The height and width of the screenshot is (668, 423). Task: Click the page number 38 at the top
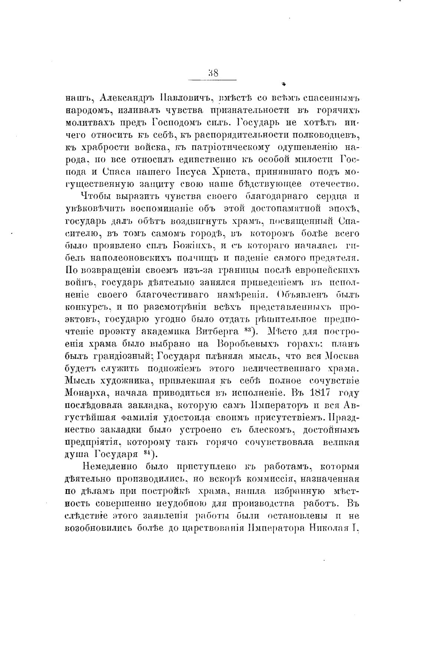tap(213, 73)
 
